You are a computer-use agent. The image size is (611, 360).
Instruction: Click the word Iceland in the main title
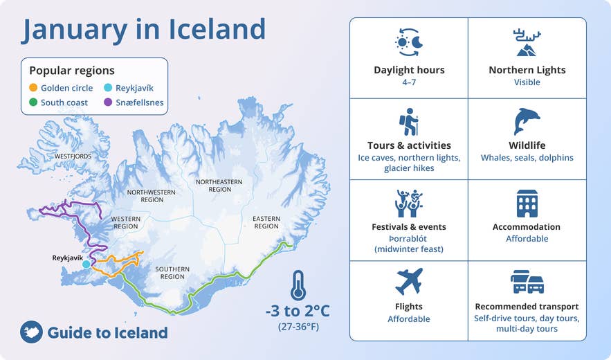click(x=217, y=30)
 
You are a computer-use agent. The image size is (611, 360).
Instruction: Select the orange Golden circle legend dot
click(x=33, y=88)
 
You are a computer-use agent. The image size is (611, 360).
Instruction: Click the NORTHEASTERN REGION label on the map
click(x=219, y=185)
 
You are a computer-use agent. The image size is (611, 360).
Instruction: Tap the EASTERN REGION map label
click(x=266, y=222)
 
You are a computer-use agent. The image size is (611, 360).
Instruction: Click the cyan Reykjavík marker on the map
click(x=86, y=264)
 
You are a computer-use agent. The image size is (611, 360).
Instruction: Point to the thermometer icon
click(x=298, y=285)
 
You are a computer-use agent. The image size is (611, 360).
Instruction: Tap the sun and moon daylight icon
click(x=409, y=43)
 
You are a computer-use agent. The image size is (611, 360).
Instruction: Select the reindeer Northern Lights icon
click(x=527, y=43)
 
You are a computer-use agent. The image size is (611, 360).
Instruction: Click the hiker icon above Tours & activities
click(x=409, y=122)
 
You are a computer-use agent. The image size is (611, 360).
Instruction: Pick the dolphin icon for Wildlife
click(x=527, y=122)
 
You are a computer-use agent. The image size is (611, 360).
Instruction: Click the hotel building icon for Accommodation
click(x=527, y=203)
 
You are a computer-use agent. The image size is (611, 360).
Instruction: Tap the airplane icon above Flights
click(x=409, y=282)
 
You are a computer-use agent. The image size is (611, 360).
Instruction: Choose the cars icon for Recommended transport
click(x=527, y=282)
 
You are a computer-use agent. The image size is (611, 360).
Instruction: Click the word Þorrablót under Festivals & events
click(x=409, y=238)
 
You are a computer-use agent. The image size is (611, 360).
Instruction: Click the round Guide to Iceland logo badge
click(x=32, y=332)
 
